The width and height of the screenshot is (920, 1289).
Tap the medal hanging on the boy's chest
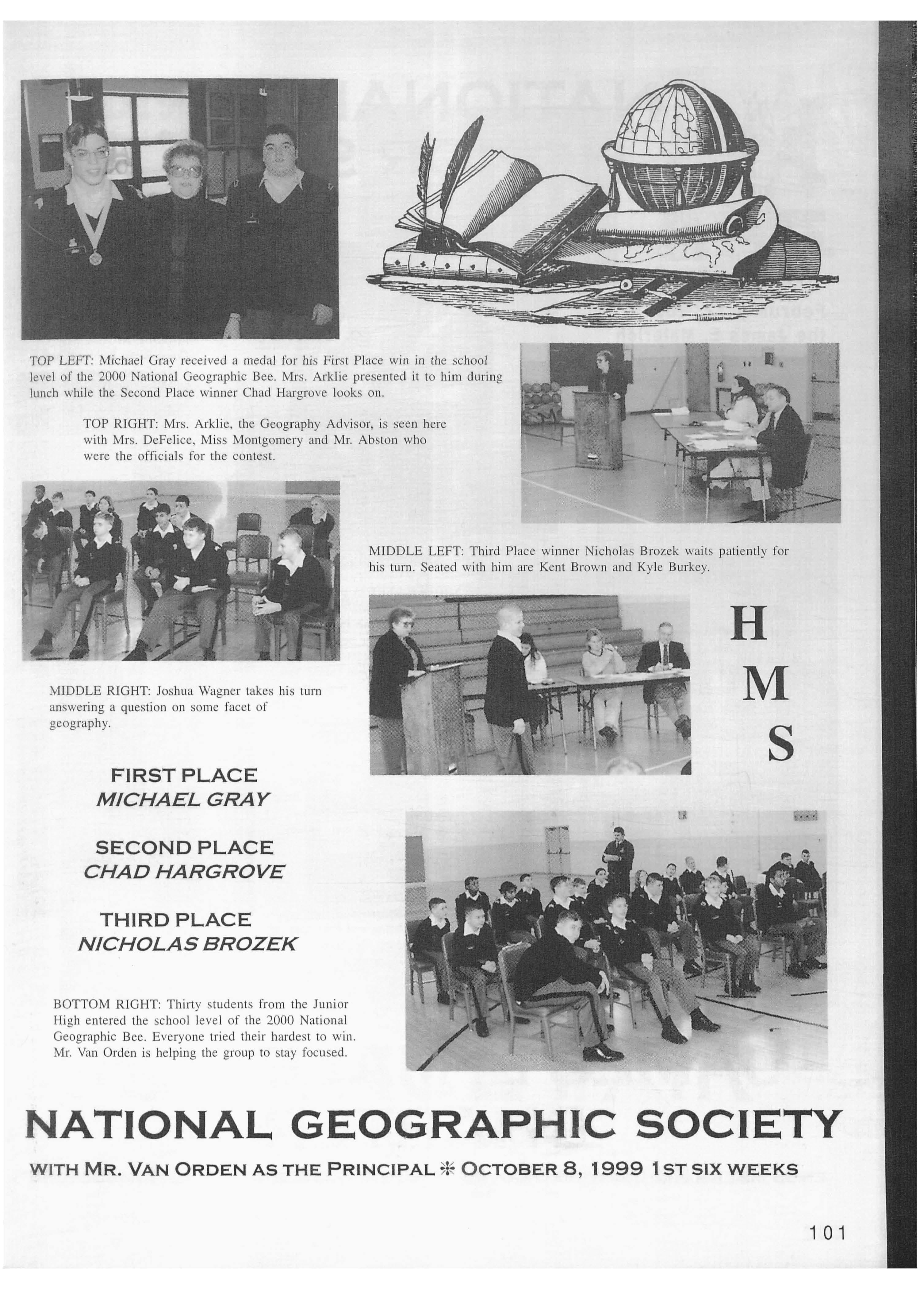tap(95, 258)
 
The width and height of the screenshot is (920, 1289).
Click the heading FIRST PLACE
tap(184, 775)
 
